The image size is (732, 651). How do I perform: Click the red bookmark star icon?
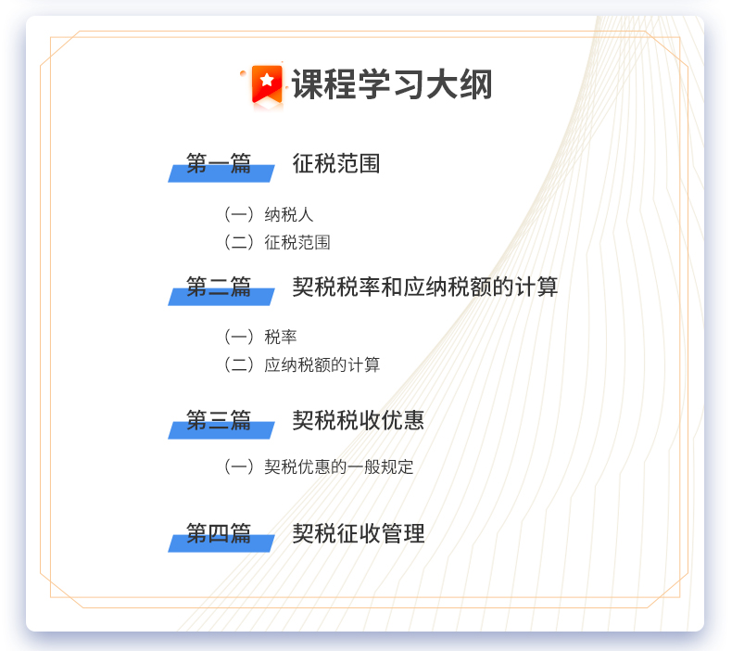click(x=267, y=84)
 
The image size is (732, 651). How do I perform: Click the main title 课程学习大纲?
click(x=392, y=84)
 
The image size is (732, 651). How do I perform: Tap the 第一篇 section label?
click(x=219, y=163)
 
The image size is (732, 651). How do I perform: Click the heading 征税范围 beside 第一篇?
click(x=336, y=163)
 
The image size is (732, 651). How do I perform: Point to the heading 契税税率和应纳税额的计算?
click(x=424, y=287)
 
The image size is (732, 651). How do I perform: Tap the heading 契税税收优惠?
click(x=358, y=420)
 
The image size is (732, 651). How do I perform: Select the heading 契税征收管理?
click(x=358, y=533)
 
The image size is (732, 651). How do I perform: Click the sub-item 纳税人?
click(x=288, y=214)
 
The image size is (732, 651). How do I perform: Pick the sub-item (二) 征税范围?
click(x=277, y=242)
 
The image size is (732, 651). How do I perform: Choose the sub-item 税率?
click(x=280, y=337)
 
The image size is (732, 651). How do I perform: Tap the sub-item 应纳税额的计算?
click(x=322, y=364)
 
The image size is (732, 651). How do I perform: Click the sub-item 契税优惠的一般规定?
click(x=338, y=466)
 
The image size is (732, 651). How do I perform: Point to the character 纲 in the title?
click(x=475, y=84)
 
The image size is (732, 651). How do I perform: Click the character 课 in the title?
click(x=309, y=84)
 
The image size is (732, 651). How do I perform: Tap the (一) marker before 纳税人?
click(x=238, y=214)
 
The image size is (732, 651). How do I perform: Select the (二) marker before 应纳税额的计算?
click(x=238, y=364)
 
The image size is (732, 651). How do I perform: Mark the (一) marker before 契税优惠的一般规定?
click(x=238, y=466)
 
